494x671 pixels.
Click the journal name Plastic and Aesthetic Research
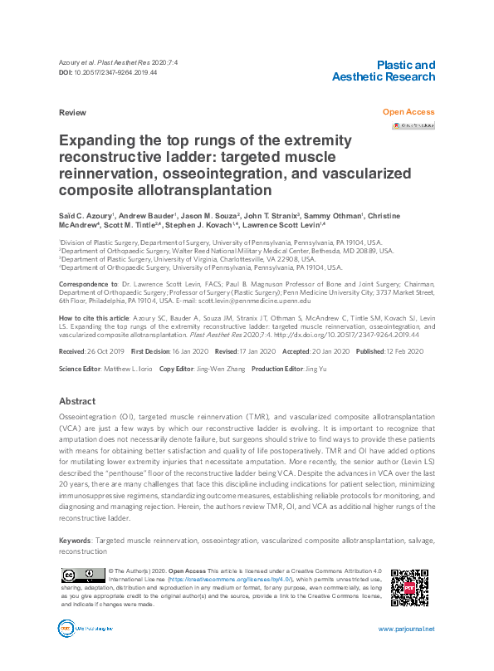[x=383, y=71]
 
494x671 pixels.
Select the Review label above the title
[x=72, y=111]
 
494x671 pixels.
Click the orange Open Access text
[x=408, y=111]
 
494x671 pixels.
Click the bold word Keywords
[x=76, y=540]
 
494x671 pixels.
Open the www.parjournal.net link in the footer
[x=406, y=629]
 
